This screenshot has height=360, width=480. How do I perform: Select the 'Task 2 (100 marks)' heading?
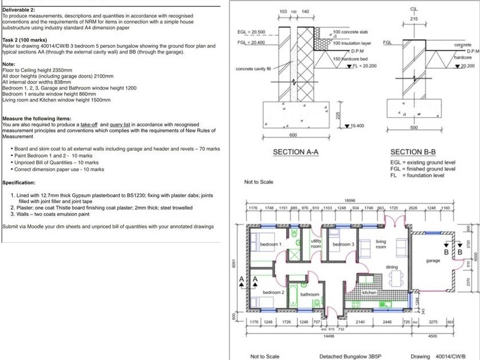pyautogui.click(x=25, y=40)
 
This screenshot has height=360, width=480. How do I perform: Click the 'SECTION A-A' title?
pyautogui.click(x=296, y=152)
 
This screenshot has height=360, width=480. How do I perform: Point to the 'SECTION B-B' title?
pyautogui.click(x=413, y=152)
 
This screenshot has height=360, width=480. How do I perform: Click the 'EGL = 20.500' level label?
pyautogui.click(x=252, y=32)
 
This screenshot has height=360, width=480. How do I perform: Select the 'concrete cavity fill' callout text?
pyautogui.click(x=254, y=68)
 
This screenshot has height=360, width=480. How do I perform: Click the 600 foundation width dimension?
pyautogui.click(x=293, y=134)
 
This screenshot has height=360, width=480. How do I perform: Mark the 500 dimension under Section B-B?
pyautogui.click(x=414, y=128)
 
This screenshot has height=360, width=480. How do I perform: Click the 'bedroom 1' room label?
pyautogui.click(x=271, y=244)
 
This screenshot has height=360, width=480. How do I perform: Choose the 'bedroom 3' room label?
pyautogui.click(x=343, y=244)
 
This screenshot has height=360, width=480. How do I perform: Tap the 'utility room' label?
pyautogui.click(x=315, y=243)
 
